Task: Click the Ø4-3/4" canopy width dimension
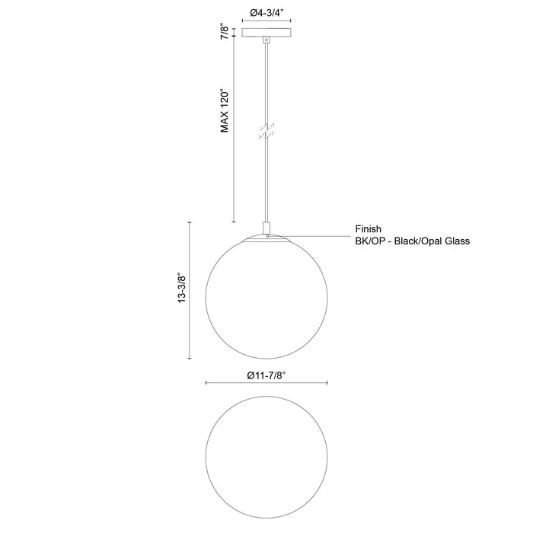click(x=266, y=11)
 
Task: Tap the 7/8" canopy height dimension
click(x=224, y=32)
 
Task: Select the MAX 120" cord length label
click(x=225, y=111)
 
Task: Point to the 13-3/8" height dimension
click(x=180, y=289)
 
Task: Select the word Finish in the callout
click(x=368, y=228)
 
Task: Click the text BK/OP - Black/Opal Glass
click(x=412, y=241)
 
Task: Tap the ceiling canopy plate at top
click(x=266, y=33)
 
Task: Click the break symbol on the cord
click(x=266, y=130)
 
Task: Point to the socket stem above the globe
click(x=266, y=228)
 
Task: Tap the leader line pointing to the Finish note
click(x=312, y=238)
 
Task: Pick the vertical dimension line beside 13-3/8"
click(x=190, y=289)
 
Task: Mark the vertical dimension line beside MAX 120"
click(x=233, y=129)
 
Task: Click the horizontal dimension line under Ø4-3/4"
click(x=266, y=21)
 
